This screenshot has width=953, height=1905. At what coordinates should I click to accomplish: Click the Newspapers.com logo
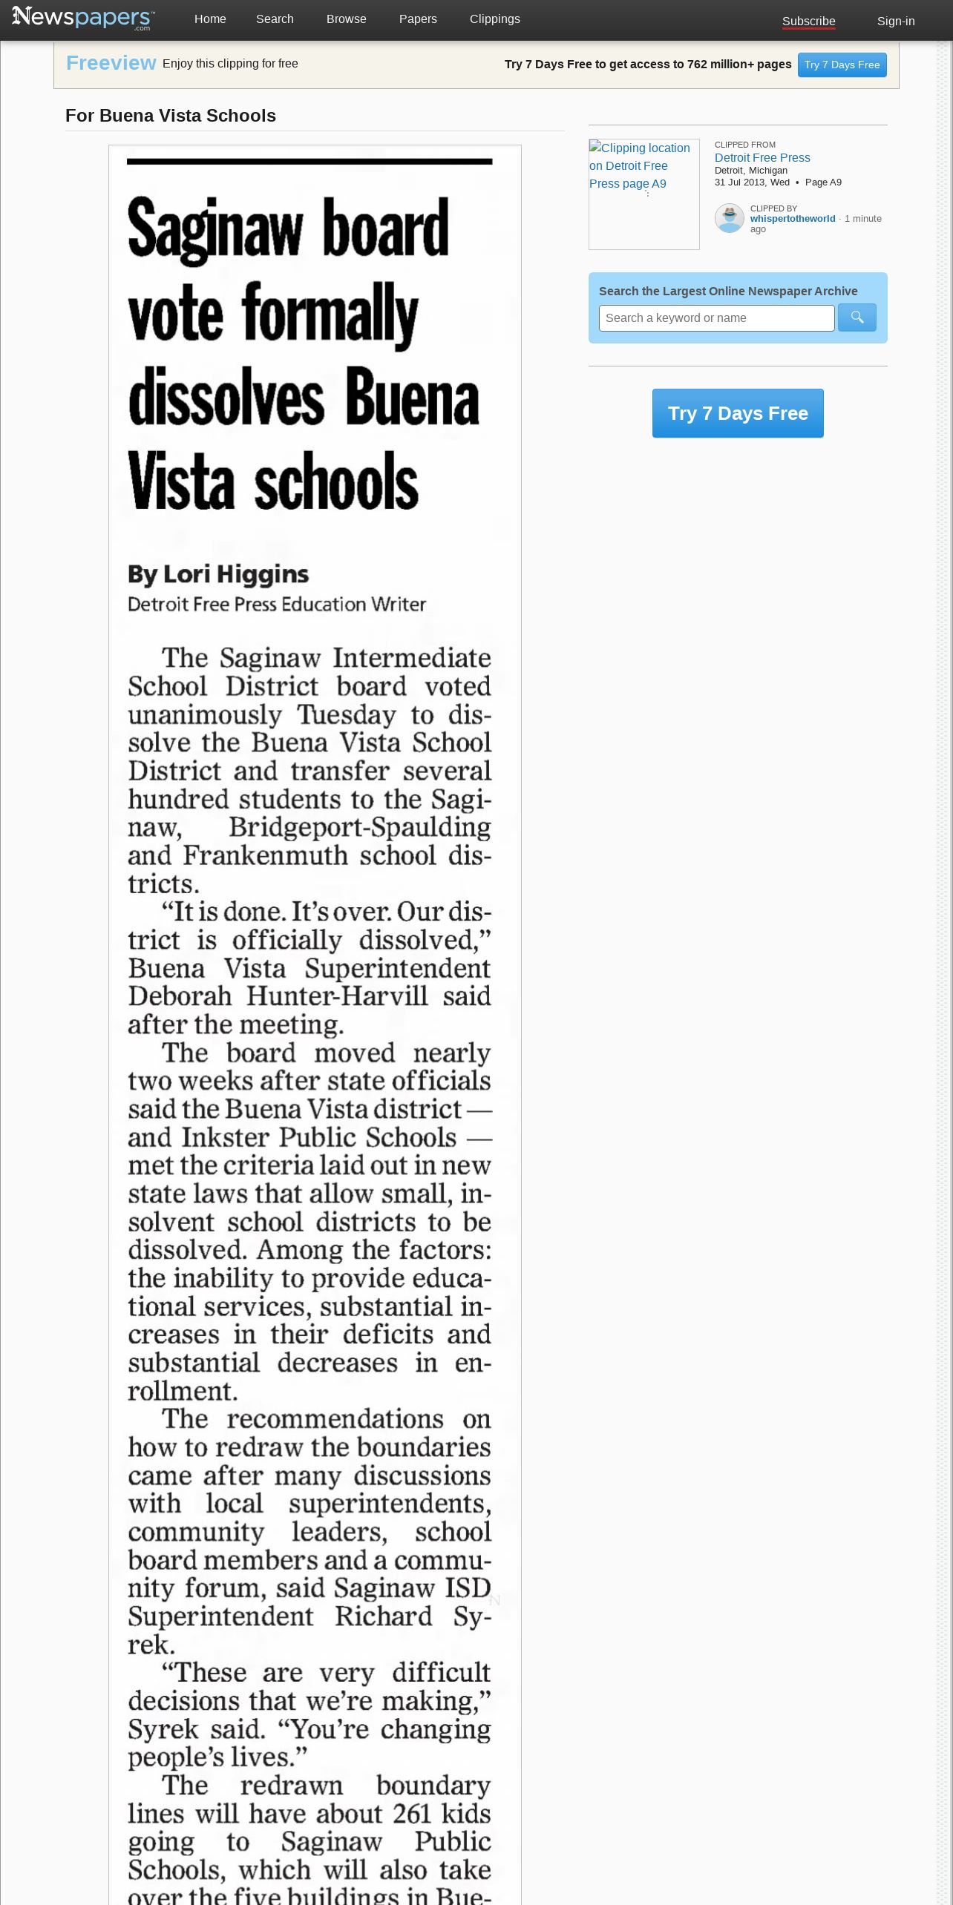pos(83,18)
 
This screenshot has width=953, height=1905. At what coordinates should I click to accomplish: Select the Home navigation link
pos(210,19)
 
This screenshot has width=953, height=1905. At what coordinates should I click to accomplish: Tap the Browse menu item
pos(346,19)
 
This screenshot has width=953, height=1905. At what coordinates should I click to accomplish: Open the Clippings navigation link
pos(494,19)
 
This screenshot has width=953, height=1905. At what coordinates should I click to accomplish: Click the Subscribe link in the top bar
pos(808,22)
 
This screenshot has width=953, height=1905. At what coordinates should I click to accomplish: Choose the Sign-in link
pos(895,22)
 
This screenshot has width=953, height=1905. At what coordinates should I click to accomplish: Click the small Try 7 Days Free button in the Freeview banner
pos(842,65)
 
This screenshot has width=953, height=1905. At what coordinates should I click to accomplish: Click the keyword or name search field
pos(716,318)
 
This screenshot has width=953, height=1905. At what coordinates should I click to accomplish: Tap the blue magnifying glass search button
pos(857,318)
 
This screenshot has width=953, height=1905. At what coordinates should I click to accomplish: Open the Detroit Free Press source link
pos(762,158)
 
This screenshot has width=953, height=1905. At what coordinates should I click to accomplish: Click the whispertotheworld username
pos(792,219)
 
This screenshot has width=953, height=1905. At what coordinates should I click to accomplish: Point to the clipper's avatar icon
pos(729,219)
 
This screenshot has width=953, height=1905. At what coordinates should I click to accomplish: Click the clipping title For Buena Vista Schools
pos(171,116)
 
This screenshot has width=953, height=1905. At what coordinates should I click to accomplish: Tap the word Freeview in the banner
pos(111,64)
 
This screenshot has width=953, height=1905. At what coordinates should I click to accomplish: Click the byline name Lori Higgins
pos(235,574)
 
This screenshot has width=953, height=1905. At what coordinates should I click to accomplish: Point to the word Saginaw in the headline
pos(215,231)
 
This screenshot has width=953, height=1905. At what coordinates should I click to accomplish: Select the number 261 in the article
pos(412,1814)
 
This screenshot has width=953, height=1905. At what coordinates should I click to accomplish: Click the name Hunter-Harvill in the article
pos(337,996)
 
